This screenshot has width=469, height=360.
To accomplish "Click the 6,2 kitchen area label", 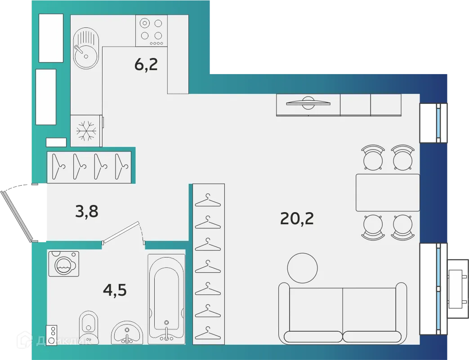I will point(146,65).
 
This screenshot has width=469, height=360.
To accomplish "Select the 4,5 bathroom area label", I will point(115,290).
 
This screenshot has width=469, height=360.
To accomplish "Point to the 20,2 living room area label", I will point(297,218).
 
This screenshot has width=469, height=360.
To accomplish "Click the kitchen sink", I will point(85,49).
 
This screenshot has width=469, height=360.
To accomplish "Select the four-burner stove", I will point(151,30).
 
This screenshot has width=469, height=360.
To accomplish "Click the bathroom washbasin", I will point(127,333).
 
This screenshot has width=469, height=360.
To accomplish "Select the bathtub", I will point(166,299).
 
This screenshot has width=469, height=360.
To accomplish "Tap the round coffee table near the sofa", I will point(302,268).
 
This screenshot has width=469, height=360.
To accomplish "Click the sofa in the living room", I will point(343,314).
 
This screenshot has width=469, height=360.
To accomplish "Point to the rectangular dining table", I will point(388,192).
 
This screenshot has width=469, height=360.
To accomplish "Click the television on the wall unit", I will point(308,103).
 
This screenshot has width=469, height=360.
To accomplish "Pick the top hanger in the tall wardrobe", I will point(208,200).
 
